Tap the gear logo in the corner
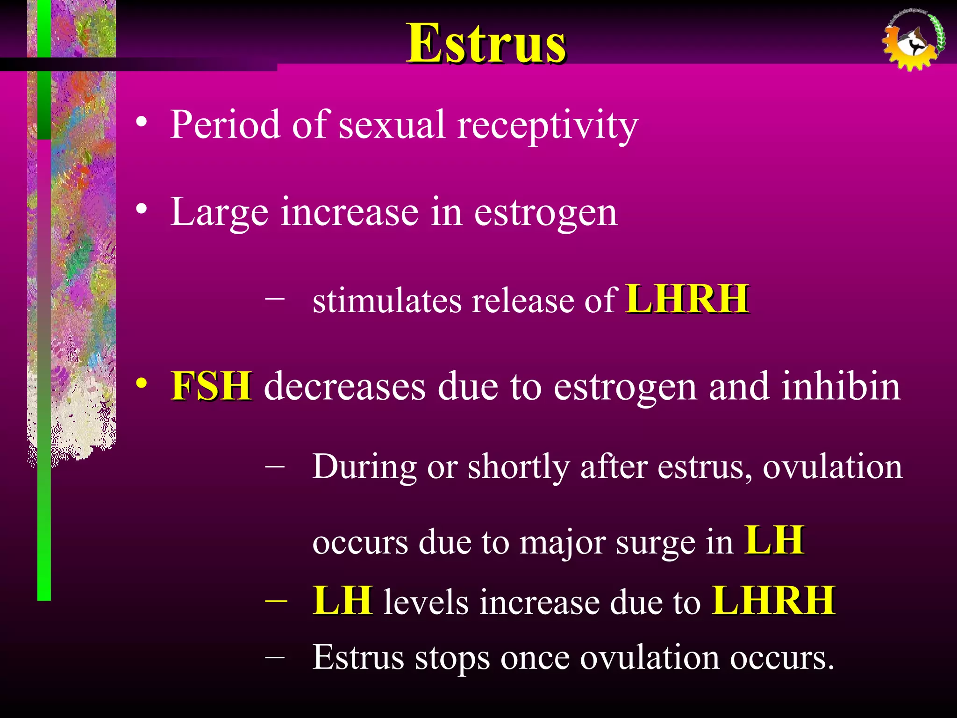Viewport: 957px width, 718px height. tap(913, 41)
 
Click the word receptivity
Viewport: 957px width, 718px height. tap(547, 125)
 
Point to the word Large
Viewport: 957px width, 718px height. tap(219, 213)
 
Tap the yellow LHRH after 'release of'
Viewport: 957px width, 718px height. tap(687, 299)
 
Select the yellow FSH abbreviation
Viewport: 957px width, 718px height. tap(211, 386)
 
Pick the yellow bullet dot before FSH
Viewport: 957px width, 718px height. tap(142, 383)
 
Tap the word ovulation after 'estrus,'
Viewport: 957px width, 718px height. tap(832, 467)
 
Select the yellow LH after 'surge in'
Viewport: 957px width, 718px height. tap(774, 540)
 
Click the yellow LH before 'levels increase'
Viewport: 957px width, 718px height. tap(343, 601)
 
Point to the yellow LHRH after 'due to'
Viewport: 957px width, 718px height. tap(773, 601)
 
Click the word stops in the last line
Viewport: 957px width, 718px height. tap(452, 658)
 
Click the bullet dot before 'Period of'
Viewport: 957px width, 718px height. tap(142, 122)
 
